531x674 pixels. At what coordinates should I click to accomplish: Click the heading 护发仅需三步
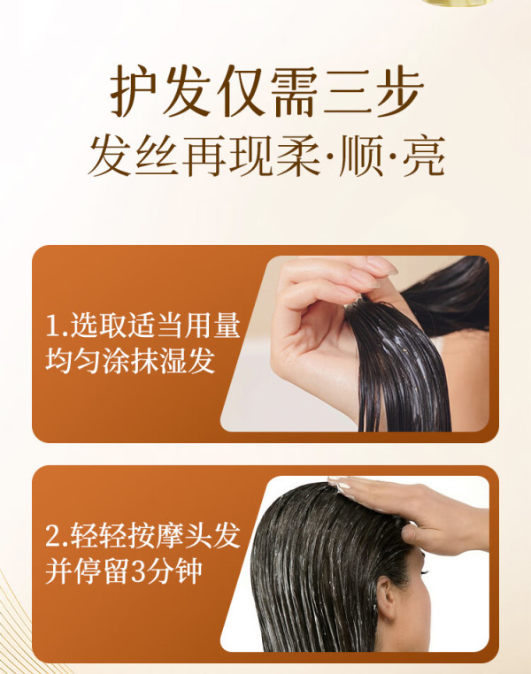click(x=267, y=92)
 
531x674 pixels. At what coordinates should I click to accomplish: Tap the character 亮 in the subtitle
click(x=424, y=156)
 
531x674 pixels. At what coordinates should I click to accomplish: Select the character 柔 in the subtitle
click(x=297, y=156)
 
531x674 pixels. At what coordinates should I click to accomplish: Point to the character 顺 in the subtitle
click(x=360, y=156)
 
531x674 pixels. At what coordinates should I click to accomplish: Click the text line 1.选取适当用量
click(x=142, y=326)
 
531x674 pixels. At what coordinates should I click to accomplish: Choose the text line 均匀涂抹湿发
click(x=130, y=360)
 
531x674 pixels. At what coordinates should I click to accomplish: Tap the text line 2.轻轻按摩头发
click(x=142, y=536)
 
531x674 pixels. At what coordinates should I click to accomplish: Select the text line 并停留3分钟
click(x=124, y=571)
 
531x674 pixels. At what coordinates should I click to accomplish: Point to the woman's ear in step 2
click(x=385, y=598)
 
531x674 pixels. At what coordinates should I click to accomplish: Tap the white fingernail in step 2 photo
click(x=343, y=485)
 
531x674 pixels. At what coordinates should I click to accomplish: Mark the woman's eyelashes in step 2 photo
click(x=425, y=571)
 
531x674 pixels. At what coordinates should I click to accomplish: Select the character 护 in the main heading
click(x=134, y=92)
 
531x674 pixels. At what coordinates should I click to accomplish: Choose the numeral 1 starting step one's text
click(x=52, y=326)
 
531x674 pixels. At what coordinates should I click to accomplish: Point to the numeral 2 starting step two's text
click(x=53, y=536)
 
